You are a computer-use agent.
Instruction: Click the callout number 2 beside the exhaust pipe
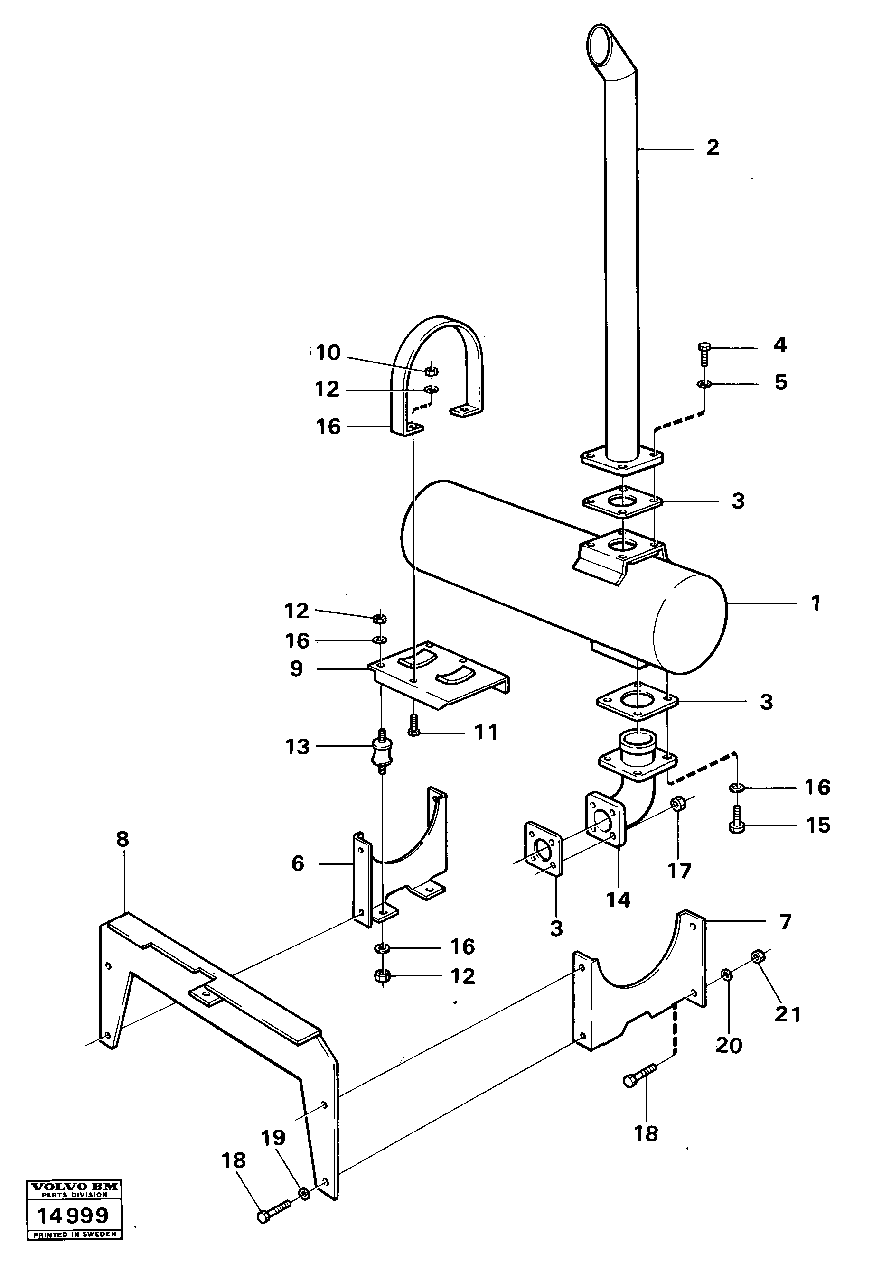pyautogui.click(x=713, y=148)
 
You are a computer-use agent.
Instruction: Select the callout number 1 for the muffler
pyautogui.click(x=815, y=603)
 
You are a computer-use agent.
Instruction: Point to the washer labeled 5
pyautogui.click(x=704, y=383)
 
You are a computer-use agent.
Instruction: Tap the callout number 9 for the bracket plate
pyautogui.click(x=297, y=669)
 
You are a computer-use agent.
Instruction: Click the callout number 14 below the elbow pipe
pyautogui.click(x=618, y=900)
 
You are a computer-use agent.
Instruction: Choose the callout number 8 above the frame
pyautogui.click(x=122, y=839)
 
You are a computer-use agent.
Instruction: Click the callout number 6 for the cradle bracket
pyautogui.click(x=298, y=863)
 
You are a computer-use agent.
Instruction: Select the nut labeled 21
pyautogui.click(x=758, y=955)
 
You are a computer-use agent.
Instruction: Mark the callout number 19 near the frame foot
pyautogui.click(x=273, y=1138)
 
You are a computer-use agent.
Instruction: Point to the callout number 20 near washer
pyautogui.click(x=728, y=1045)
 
